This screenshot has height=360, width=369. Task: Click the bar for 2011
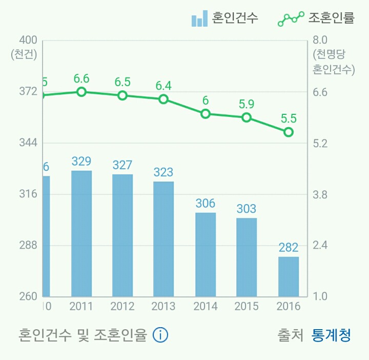pos(81,233)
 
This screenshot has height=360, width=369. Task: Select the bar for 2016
pos(288,276)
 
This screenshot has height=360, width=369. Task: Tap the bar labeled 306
pos(206,254)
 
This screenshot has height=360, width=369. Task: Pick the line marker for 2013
pos(163,99)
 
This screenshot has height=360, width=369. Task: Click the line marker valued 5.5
pos(289,132)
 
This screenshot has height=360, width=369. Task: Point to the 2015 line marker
pos(247,117)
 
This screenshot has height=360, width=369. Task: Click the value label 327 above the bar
pos(122,165)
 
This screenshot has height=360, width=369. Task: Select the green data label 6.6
pos(81,78)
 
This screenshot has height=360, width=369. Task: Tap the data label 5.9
pos(247,104)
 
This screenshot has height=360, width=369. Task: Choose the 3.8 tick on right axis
pos(320,194)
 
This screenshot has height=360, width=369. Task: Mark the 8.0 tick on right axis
pos(320,41)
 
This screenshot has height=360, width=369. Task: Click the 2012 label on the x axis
pos(122,307)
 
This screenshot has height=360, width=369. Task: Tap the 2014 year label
pos(206,307)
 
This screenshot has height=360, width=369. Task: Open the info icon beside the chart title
pos(160,335)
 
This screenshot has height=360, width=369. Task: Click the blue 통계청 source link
pos(332,335)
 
